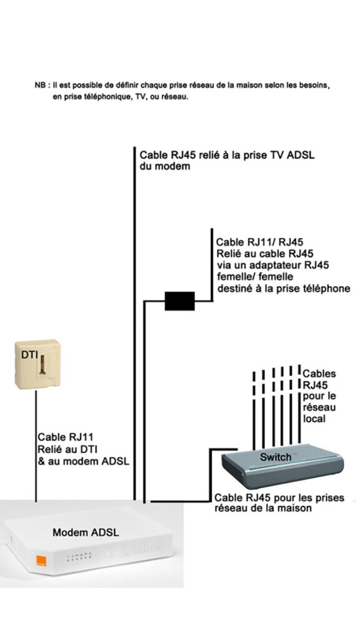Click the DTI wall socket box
pos(37,362)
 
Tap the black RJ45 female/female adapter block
pos(179,301)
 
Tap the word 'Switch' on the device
pos(276,457)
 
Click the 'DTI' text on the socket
pos(30,355)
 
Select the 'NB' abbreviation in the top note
pos(40,84)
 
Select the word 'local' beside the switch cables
pos(314,419)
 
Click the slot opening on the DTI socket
pos(46,368)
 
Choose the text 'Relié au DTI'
pos(66,449)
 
